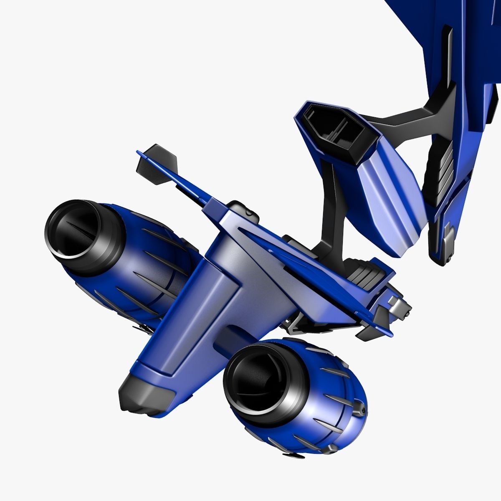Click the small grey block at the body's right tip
coord(392,301)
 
